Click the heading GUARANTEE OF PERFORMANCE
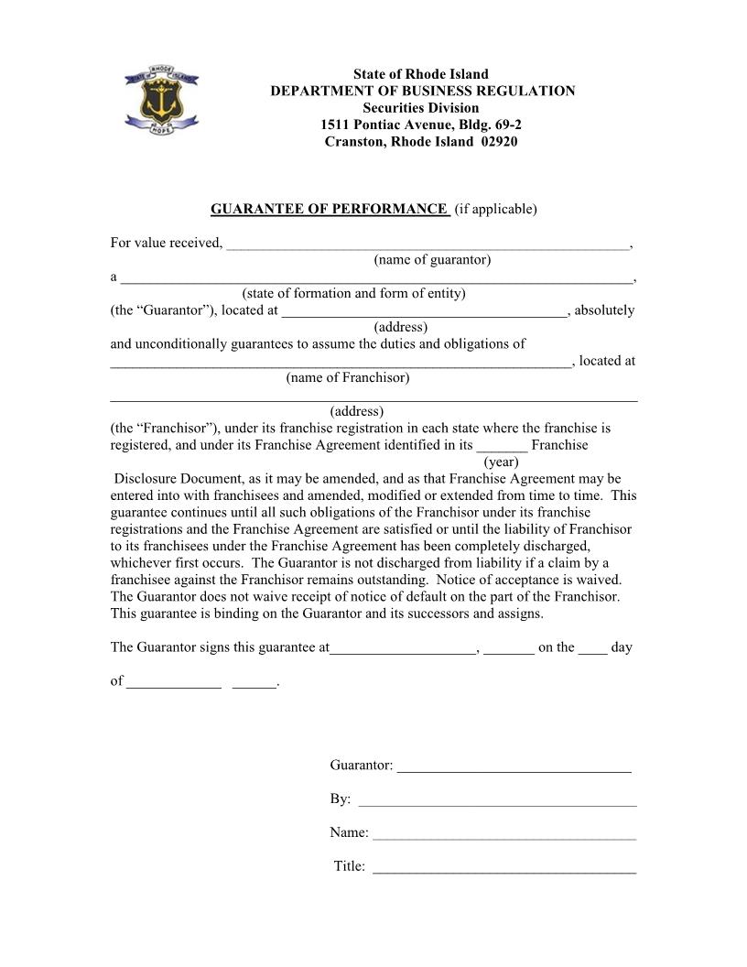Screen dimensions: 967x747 pyautogui.click(x=329, y=209)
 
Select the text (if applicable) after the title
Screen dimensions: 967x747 pyautogui.click(x=495, y=209)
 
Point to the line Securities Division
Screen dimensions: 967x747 pyautogui.click(x=421, y=108)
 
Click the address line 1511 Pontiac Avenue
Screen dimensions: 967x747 pyautogui.click(x=421, y=125)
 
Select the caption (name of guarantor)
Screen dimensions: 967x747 pyautogui.click(x=432, y=260)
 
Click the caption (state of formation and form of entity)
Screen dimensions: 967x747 pyautogui.click(x=353, y=294)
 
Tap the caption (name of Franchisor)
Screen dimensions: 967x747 pyautogui.click(x=347, y=377)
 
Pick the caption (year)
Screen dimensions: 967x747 pyautogui.click(x=501, y=462)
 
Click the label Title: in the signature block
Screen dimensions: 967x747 pyautogui.click(x=350, y=866)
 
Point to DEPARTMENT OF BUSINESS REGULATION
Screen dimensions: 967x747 pyautogui.click(x=422, y=91)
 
